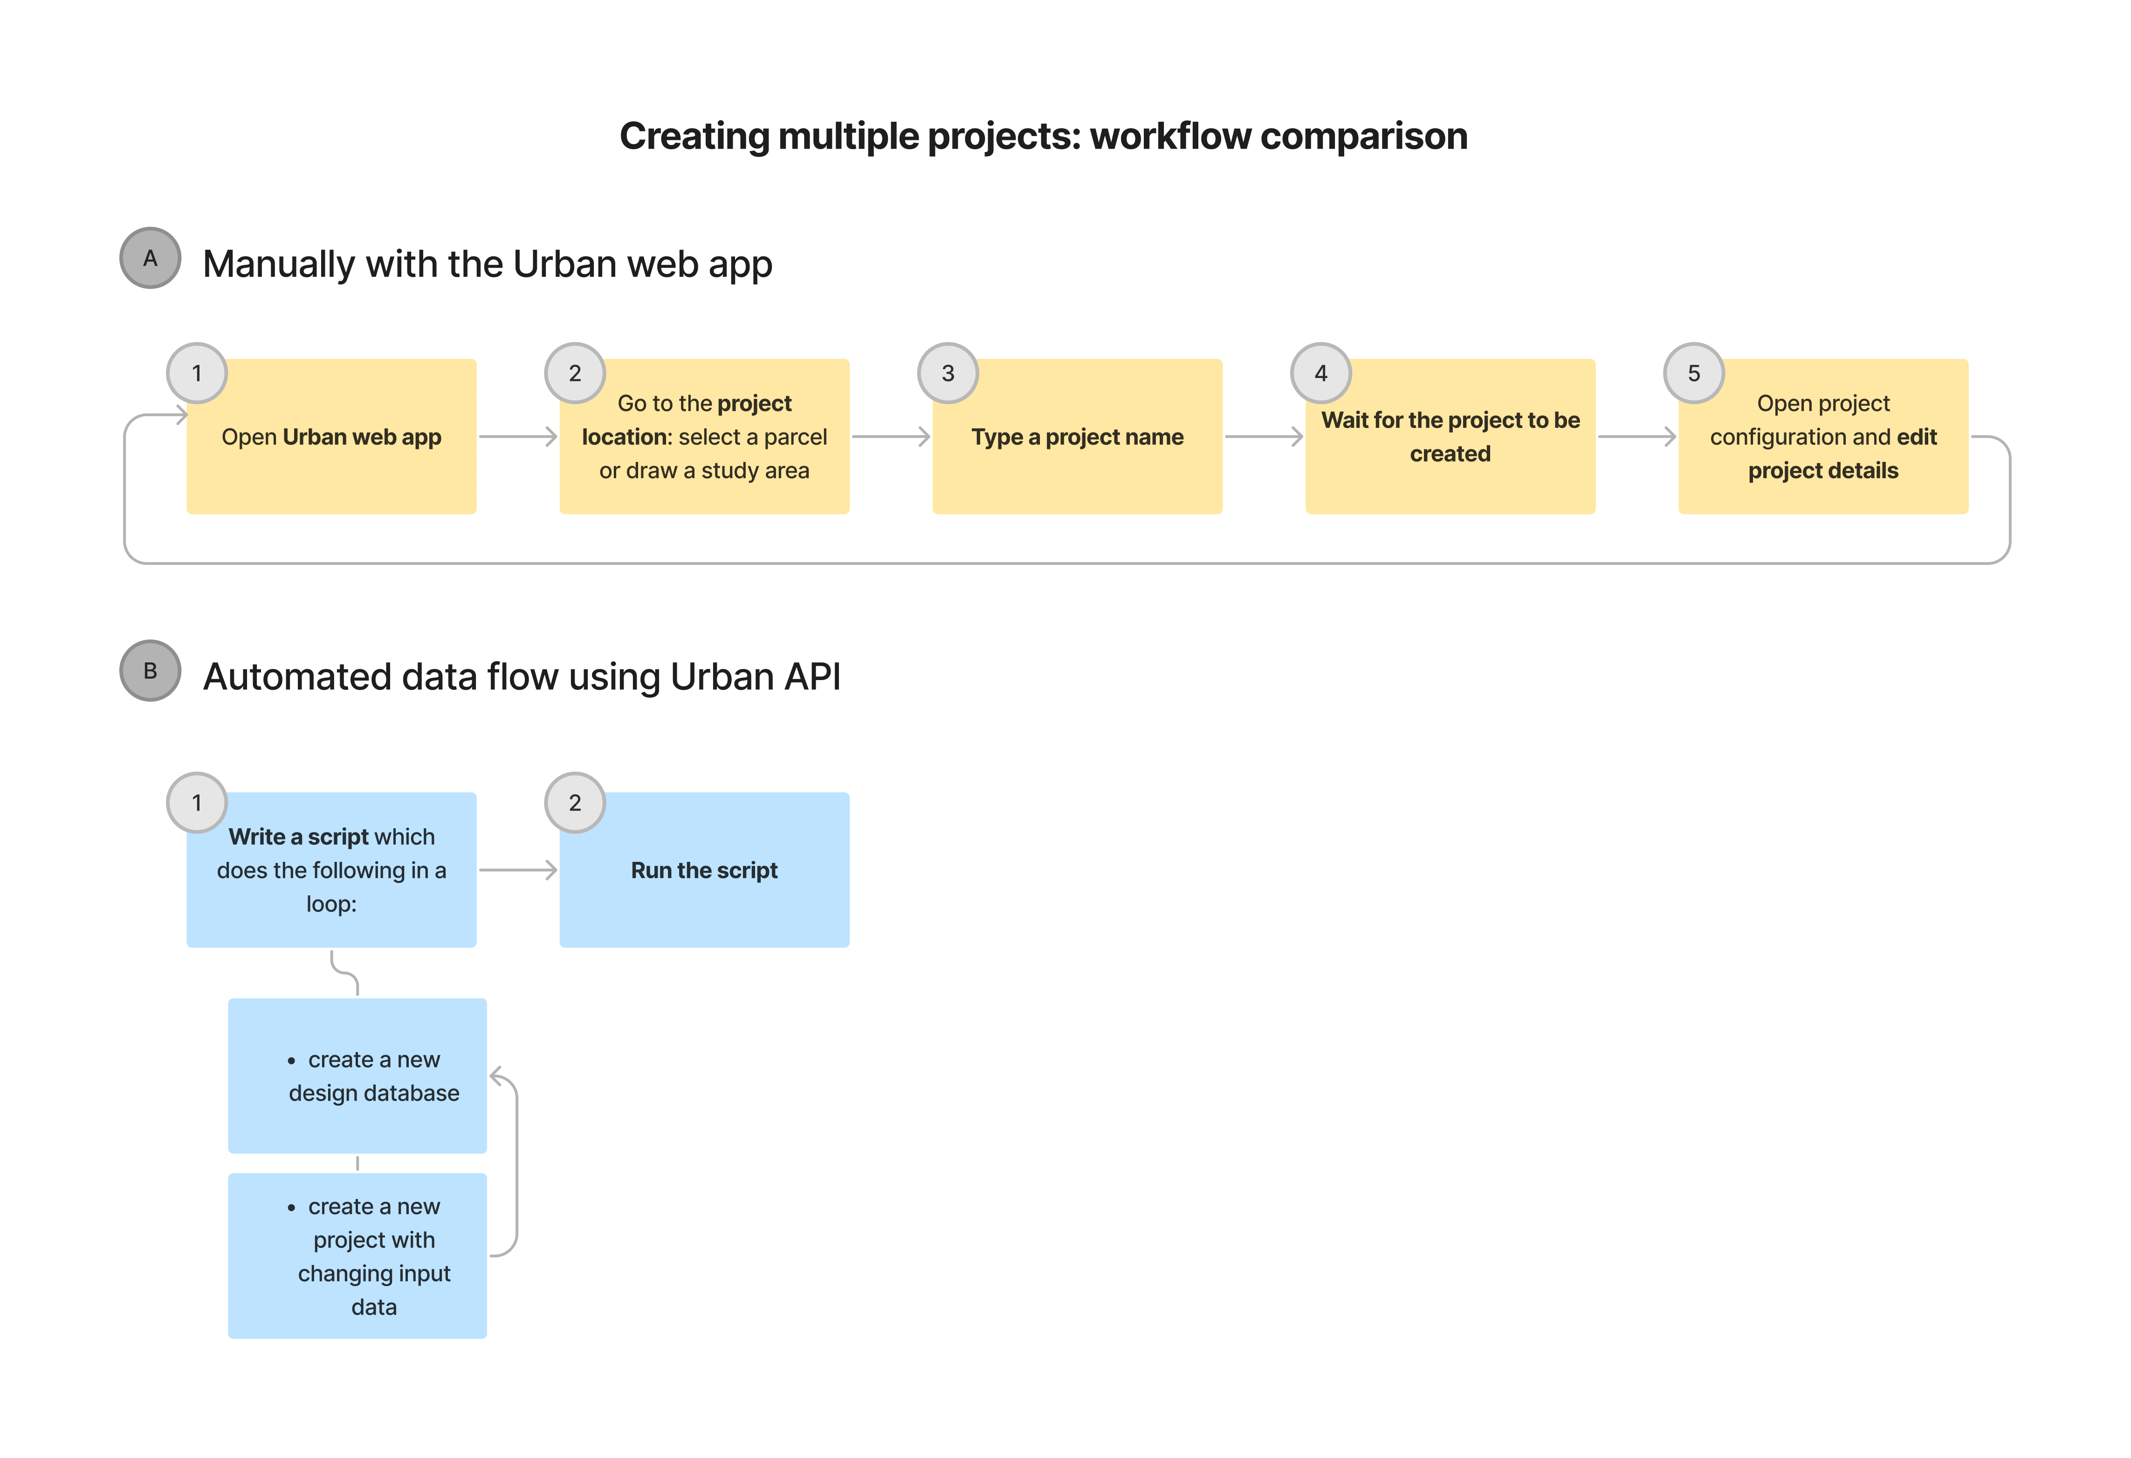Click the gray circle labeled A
[151, 258]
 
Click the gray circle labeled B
[151, 670]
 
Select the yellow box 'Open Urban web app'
[331, 436]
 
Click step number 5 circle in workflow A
[1694, 373]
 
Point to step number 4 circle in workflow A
[1320, 373]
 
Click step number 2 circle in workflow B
[575, 802]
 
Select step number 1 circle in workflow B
[196, 802]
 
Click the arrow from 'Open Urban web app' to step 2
[518, 436]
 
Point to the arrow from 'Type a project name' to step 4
[1264, 436]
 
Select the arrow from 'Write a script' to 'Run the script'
[518, 869]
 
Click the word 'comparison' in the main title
[1363, 136]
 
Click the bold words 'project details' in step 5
[1823, 470]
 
